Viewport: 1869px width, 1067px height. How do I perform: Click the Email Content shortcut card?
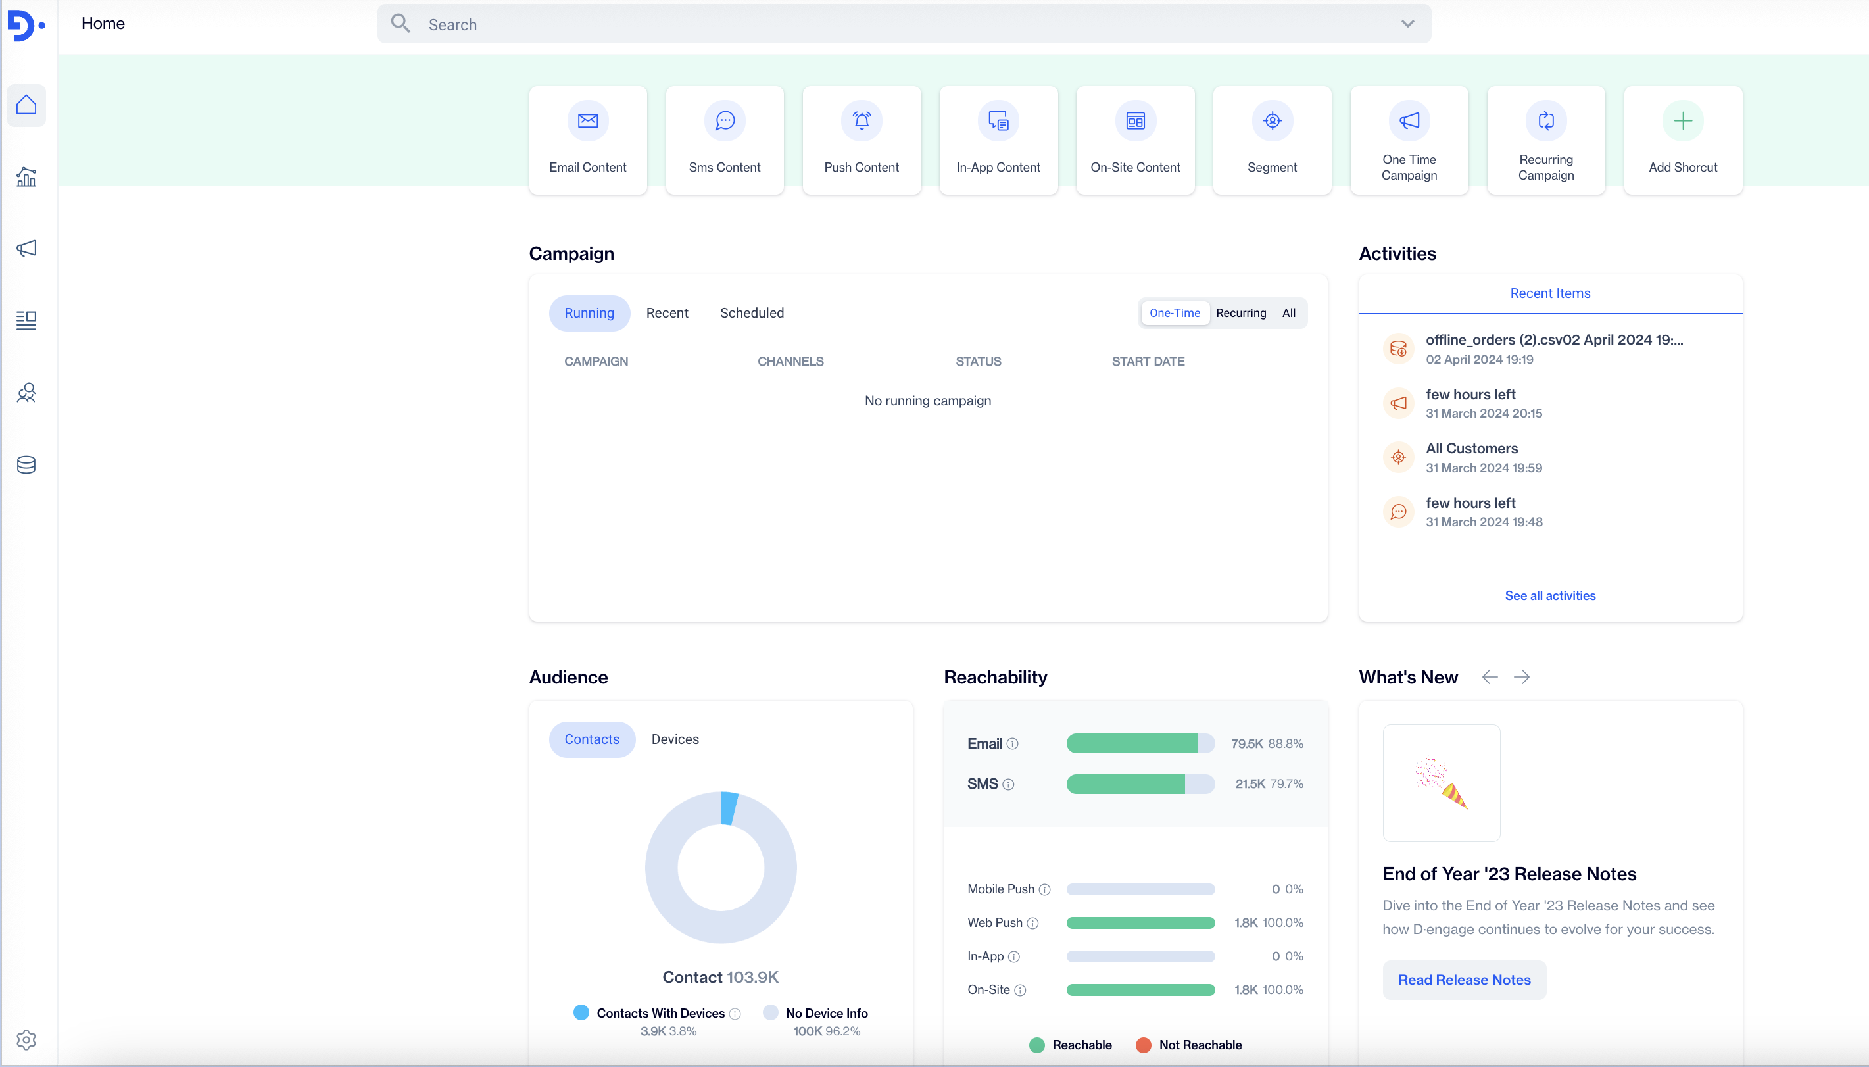point(587,140)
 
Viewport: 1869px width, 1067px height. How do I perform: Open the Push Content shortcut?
point(862,140)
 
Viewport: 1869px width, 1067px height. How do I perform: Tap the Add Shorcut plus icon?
point(1682,121)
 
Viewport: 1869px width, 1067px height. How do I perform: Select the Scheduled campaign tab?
point(752,313)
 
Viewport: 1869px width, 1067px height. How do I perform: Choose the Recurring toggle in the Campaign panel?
point(1240,313)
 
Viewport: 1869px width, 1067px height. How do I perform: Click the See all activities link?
point(1549,596)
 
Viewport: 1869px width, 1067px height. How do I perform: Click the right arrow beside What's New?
point(1522,677)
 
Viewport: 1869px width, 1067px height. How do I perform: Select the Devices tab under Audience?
point(675,739)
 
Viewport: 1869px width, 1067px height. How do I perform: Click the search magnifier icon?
point(400,24)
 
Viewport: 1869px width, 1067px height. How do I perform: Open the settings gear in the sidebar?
point(26,1039)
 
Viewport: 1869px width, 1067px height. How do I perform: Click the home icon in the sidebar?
point(26,105)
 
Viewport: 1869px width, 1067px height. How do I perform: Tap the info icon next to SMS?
point(1008,784)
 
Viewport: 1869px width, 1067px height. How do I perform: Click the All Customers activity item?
point(1471,457)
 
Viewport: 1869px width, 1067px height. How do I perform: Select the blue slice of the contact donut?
point(729,808)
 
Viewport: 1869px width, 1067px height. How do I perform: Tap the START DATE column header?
point(1148,361)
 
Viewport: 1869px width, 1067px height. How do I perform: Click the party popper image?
point(1441,783)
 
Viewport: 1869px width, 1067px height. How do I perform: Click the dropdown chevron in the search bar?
point(1407,24)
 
